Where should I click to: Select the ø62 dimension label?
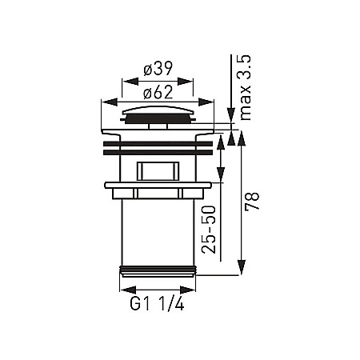pyautogui.click(x=158, y=91)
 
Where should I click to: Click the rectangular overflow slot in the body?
pyautogui.click(x=158, y=170)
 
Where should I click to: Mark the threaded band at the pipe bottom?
pyautogui.click(x=158, y=270)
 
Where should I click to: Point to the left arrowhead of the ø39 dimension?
pyautogui.click(x=125, y=80)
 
